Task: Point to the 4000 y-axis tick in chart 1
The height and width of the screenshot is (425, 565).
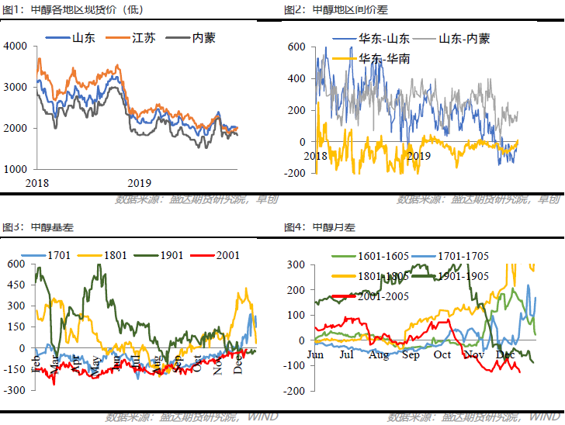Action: pos(16,47)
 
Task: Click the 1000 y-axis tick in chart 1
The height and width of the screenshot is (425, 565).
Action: pos(16,168)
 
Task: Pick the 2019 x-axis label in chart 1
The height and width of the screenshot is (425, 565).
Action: pos(139,183)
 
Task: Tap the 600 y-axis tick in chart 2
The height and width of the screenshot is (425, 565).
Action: pos(298,47)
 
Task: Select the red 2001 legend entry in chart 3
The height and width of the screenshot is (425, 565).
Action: pos(225,254)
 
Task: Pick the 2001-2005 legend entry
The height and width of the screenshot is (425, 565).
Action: pos(383,295)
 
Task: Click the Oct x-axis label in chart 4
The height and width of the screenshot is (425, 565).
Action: pos(442,355)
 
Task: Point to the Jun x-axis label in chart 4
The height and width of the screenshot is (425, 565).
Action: pos(315,355)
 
